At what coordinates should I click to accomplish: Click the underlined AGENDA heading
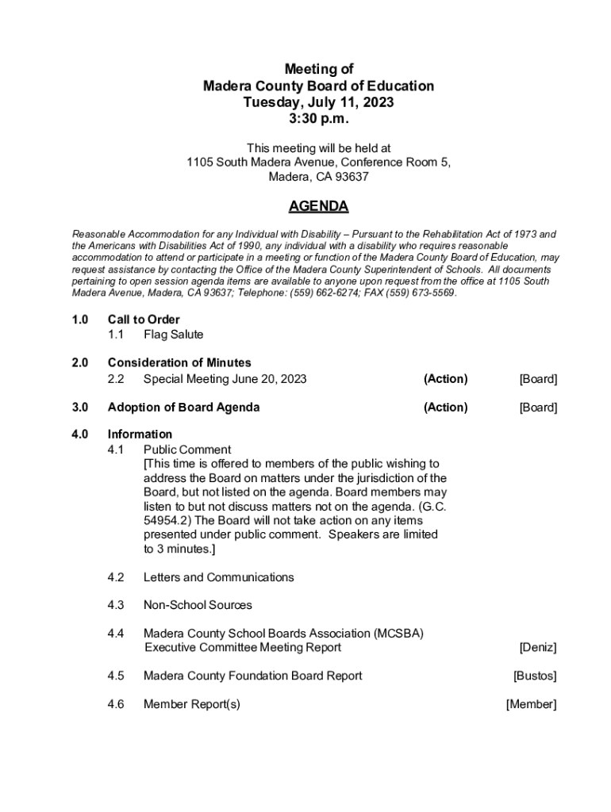point(318,207)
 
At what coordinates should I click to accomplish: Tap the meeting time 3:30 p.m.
point(318,119)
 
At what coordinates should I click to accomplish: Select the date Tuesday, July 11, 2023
point(318,102)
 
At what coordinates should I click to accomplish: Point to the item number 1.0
point(79,320)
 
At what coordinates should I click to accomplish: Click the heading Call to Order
point(144,320)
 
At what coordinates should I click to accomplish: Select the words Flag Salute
point(173,335)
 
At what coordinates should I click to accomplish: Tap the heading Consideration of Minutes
point(179,363)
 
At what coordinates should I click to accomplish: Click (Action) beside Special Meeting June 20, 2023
point(445,379)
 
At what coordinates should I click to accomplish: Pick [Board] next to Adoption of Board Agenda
point(538,408)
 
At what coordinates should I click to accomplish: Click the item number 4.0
point(79,435)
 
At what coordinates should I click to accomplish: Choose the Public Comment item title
point(187,450)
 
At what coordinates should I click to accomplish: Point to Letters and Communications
point(218,577)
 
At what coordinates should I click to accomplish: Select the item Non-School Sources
point(198,605)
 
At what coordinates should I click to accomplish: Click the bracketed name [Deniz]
point(538,648)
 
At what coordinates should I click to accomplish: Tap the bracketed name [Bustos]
point(535,676)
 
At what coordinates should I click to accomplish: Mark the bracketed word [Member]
point(531,704)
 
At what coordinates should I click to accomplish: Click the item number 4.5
point(116,676)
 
